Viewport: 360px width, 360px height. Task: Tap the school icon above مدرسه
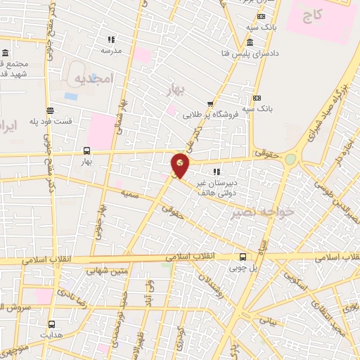pyautogui.click(x=110, y=39)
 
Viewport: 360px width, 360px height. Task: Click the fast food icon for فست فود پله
pyautogui.click(x=50, y=110)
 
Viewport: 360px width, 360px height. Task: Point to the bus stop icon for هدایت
pyautogui.click(x=51, y=324)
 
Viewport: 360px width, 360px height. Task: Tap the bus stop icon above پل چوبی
pyautogui.click(x=243, y=257)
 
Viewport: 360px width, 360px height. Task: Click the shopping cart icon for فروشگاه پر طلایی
pyautogui.click(x=210, y=104)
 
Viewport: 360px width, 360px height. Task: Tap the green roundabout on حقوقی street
pyautogui.click(x=290, y=160)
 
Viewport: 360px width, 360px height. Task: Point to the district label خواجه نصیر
pyautogui.click(x=250, y=211)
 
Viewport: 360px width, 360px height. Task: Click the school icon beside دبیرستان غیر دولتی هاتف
pyautogui.click(x=217, y=171)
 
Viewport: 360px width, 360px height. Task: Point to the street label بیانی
pyautogui.click(x=268, y=319)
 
